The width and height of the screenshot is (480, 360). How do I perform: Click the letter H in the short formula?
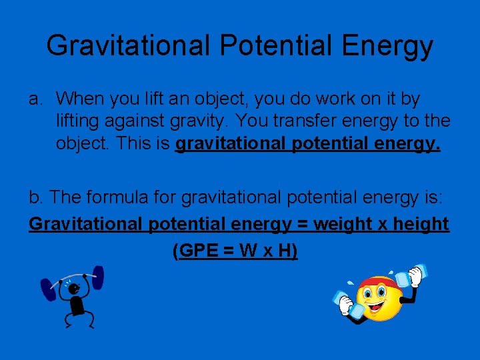[284, 251]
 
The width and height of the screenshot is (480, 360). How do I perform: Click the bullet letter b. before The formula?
[37, 197]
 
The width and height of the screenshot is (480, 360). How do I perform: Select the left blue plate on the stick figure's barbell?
[49, 289]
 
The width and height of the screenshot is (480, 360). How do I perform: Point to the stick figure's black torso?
[78, 307]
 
